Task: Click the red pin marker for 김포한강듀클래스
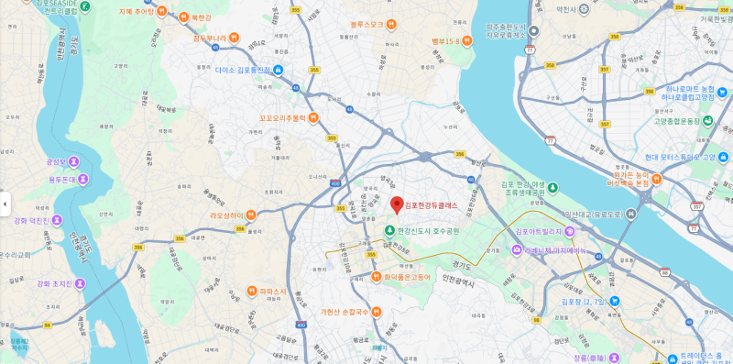pos(397,204)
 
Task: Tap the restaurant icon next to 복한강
pos(183,17)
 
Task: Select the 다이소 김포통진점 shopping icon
pos(279,71)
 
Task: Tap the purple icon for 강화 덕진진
pos(57,220)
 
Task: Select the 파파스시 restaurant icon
pos(251,292)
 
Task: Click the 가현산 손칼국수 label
pos(345,312)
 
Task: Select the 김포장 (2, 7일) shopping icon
pos(615,301)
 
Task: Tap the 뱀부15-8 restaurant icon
pos(466,40)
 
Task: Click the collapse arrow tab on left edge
pos(4,203)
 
